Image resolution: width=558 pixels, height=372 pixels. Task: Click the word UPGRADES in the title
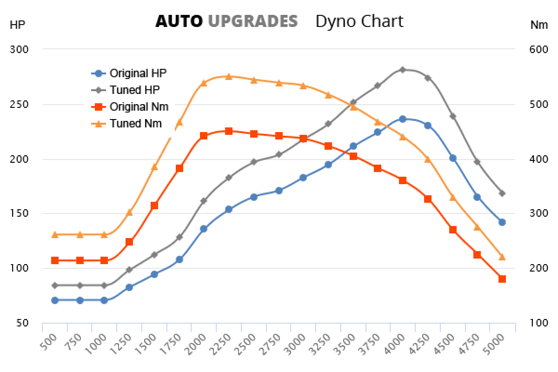point(252,21)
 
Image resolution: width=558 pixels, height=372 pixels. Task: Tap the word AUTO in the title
point(179,21)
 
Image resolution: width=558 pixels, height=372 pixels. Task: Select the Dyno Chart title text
point(359,21)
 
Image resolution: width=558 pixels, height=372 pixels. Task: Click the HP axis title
point(17,25)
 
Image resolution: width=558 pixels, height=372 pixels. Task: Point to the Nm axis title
point(539,25)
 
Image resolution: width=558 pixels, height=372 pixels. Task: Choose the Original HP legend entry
point(138,73)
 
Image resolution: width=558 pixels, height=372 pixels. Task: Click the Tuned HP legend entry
point(134,90)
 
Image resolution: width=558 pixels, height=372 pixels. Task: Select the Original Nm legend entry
point(139,106)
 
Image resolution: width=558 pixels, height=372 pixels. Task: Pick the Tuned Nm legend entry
point(135,123)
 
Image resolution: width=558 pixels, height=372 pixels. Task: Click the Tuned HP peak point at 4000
point(403,70)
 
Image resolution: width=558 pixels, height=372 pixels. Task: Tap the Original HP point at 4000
point(403,119)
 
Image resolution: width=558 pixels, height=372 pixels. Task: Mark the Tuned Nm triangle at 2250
point(229,76)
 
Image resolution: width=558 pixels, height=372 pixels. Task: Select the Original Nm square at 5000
point(502,279)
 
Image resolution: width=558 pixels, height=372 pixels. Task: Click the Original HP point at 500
point(55,300)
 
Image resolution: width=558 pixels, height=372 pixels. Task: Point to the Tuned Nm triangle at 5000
point(502,257)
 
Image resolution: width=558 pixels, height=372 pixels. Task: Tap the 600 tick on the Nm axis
point(538,49)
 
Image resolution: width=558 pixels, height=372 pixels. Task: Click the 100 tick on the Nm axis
point(538,323)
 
